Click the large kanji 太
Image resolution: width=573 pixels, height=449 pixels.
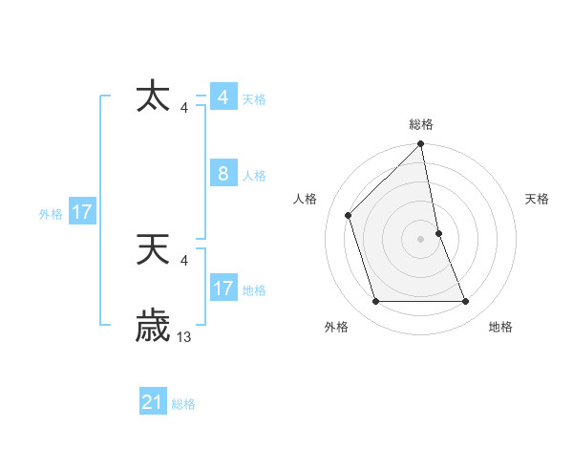(154, 97)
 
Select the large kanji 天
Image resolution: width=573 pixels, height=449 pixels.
(154, 250)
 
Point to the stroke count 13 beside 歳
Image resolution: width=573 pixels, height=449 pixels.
(184, 337)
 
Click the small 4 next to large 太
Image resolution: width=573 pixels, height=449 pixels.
(183, 108)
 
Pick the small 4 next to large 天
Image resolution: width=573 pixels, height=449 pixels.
(183, 261)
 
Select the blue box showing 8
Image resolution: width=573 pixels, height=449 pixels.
(223, 174)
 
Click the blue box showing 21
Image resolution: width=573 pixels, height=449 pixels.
(153, 402)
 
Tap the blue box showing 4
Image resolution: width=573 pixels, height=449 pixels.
(223, 97)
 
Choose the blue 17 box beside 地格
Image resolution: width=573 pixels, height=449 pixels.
(223, 289)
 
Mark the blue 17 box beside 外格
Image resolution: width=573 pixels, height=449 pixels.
(82, 212)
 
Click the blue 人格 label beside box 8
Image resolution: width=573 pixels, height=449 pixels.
(254, 176)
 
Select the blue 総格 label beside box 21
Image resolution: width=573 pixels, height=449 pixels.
(183, 404)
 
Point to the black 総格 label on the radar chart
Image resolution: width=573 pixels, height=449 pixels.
(421, 124)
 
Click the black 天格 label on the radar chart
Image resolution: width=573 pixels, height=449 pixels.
(538, 199)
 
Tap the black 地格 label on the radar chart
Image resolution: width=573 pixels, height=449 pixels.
(500, 328)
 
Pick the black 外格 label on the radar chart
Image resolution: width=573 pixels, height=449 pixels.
(336, 328)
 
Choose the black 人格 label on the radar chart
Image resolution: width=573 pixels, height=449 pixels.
(305, 199)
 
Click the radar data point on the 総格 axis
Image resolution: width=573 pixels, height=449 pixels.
(421, 144)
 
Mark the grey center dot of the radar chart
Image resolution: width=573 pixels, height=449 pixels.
(421, 239)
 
